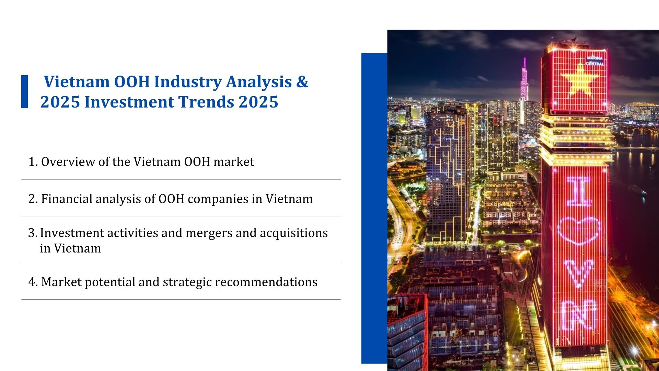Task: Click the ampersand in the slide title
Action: coord(302,82)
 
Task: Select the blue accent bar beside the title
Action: coord(25,92)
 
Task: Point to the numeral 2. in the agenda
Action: coord(33,199)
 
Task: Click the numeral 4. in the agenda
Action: coord(33,282)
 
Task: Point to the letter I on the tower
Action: coord(579,191)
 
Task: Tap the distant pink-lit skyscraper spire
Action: coord(524,79)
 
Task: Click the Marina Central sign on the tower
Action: coord(595,61)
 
